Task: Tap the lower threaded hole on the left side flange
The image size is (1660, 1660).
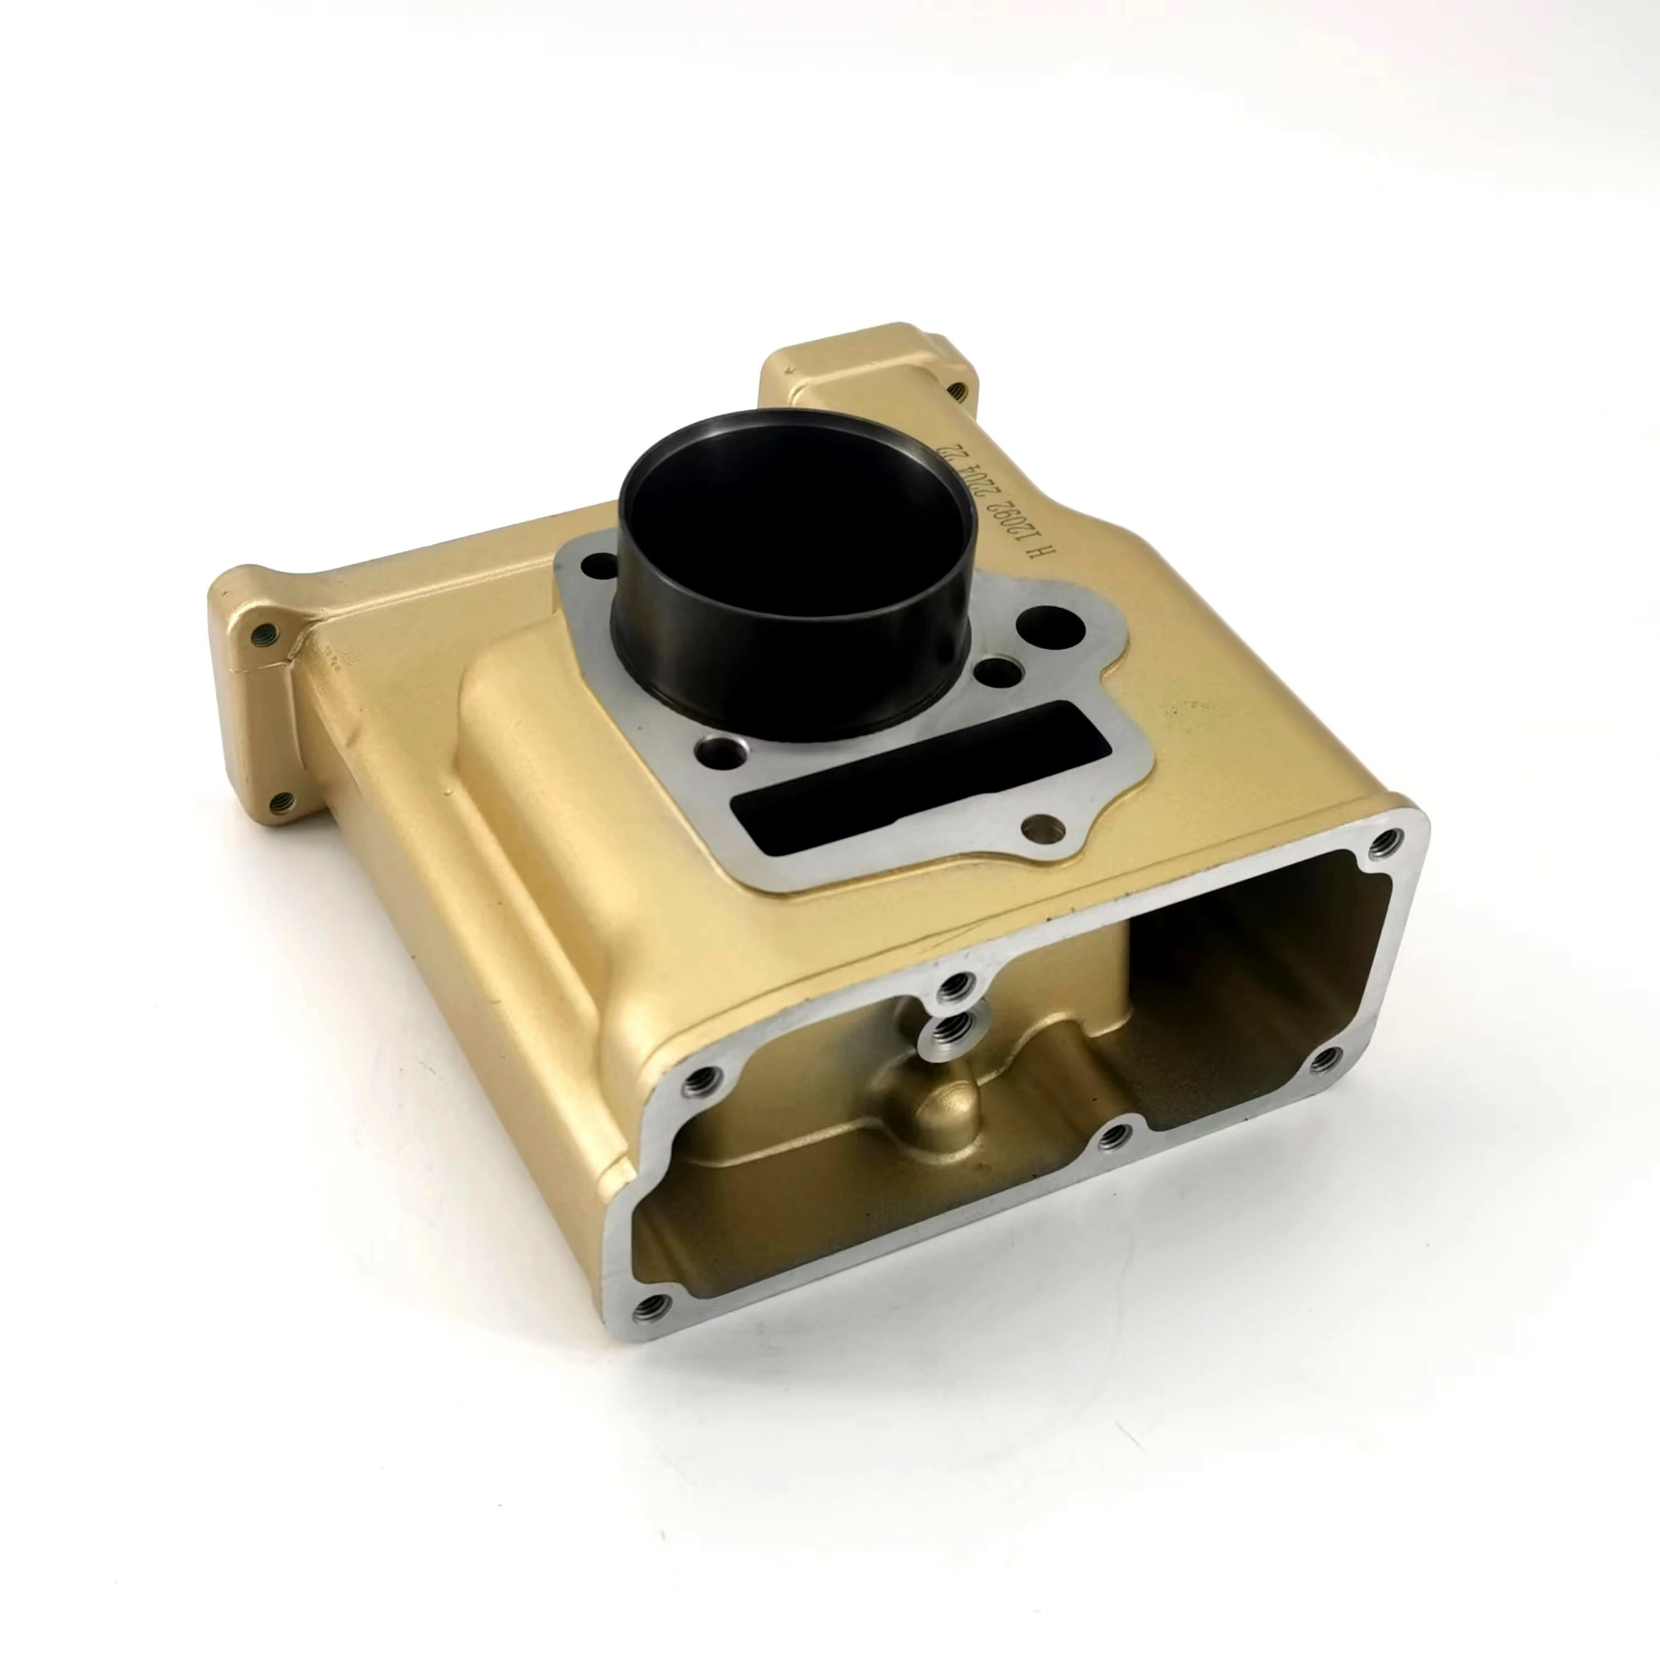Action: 281,803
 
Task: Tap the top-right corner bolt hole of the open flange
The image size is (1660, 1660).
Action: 1383,842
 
